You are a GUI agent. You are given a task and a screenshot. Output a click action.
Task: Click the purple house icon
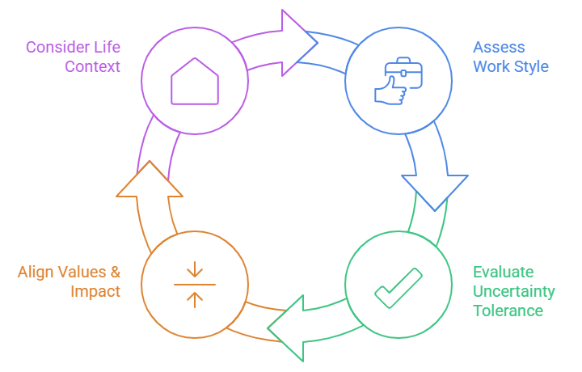195,80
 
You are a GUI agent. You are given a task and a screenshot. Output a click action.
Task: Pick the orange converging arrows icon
195,285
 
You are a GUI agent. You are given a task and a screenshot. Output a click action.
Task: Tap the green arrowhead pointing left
287,327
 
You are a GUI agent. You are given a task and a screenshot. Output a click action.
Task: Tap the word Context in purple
93,66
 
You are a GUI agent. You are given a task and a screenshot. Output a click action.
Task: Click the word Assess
499,47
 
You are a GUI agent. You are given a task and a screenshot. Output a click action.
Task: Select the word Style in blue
531,66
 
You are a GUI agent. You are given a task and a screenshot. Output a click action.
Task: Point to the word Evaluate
503,272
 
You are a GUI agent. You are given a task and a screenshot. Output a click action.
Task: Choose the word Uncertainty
514,291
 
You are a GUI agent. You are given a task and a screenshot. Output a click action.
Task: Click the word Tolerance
508,311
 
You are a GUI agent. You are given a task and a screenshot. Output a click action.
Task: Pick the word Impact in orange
95,291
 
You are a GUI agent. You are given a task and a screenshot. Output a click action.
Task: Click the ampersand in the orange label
114,272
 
